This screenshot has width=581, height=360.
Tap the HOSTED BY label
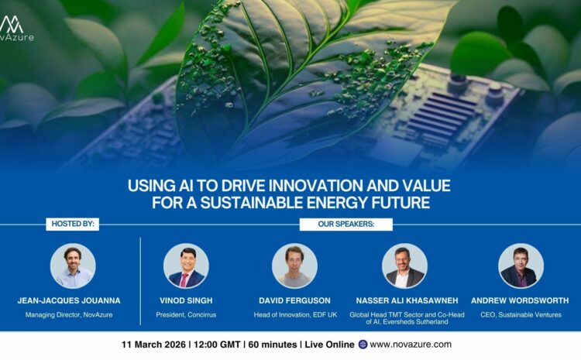click(x=73, y=225)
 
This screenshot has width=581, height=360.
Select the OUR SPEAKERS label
click(x=346, y=225)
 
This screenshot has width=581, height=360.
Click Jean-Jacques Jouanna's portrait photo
click(x=73, y=266)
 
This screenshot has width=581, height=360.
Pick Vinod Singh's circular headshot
click(x=186, y=266)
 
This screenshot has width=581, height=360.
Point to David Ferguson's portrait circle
click(x=294, y=266)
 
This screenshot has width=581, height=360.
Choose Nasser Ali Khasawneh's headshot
click(x=404, y=266)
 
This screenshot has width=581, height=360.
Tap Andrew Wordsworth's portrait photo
click(x=521, y=266)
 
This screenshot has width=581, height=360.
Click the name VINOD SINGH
click(x=186, y=300)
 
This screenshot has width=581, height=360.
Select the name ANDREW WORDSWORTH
click(x=521, y=300)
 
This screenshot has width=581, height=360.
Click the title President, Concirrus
click(x=186, y=315)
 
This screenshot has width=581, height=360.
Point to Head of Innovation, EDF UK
click(x=294, y=315)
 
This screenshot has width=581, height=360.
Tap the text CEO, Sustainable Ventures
click(x=521, y=315)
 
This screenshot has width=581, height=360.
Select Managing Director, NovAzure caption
click(x=73, y=315)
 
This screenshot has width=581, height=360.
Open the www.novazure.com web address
click(x=411, y=345)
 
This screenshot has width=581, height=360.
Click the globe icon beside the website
click(x=363, y=345)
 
